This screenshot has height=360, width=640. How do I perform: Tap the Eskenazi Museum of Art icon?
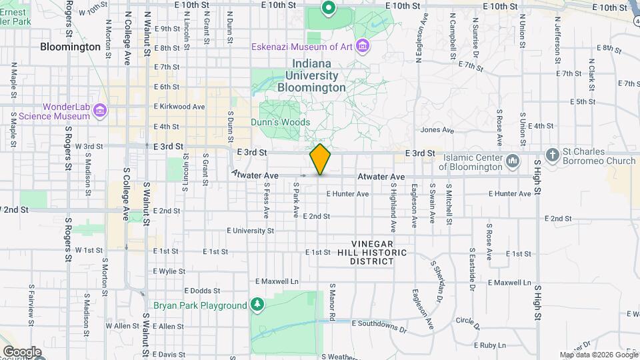362,46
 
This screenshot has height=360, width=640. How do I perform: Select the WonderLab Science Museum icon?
99,109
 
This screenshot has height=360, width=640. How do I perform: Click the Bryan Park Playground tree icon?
257,305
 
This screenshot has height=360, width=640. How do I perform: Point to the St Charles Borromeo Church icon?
551,155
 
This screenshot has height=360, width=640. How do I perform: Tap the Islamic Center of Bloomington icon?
513,161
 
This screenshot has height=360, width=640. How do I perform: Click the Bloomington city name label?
70,47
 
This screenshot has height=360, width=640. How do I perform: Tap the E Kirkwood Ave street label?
179,107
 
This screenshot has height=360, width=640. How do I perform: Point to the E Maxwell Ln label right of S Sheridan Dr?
513,282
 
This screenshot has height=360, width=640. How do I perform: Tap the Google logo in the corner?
22,351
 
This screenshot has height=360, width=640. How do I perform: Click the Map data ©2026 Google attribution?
598,355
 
